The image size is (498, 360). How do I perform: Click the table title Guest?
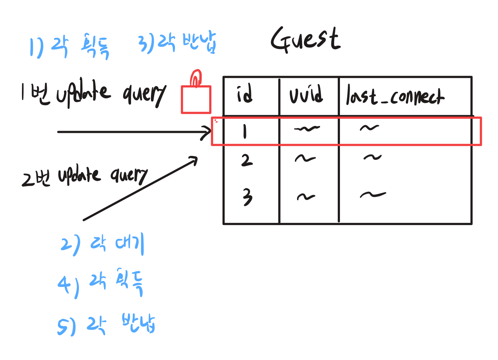tap(305, 40)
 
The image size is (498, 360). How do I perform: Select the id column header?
tap(245, 94)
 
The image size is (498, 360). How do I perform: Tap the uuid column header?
tap(306, 95)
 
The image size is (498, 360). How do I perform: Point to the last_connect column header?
tap(395, 96)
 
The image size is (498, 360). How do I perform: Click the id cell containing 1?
tap(245, 131)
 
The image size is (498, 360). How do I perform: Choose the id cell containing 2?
tap(247, 160)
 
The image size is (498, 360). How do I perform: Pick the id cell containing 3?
tap(247, 197)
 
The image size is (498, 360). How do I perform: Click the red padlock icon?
tap(196, 95)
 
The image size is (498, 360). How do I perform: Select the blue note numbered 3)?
tap(177, 43)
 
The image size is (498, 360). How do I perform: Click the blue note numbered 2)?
tap(102, 244)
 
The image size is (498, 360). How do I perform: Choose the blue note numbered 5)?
tap(106, 325)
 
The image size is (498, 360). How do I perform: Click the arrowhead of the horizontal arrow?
tap(207, 132)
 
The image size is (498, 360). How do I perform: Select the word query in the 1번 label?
tap(144, 94)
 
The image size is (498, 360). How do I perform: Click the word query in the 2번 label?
tap(129, 175)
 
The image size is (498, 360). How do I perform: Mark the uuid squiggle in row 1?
tap(306, 129)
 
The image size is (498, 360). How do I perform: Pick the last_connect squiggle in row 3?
tap(373, 195)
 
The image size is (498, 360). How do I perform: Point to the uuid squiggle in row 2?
tap(305, 158)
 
